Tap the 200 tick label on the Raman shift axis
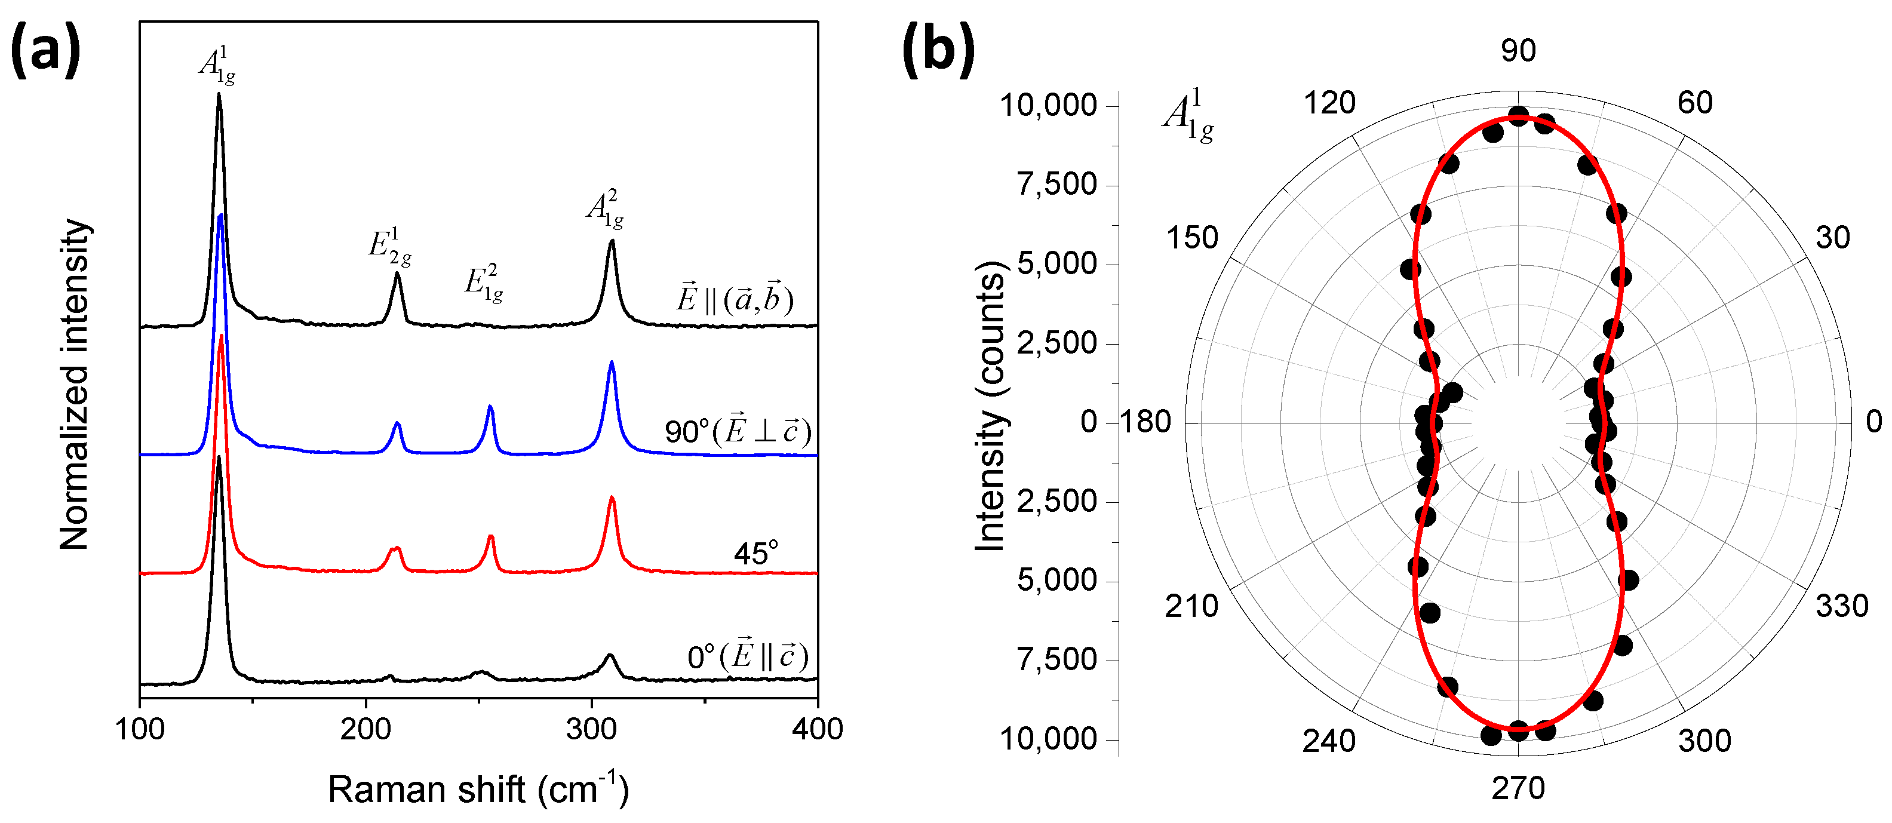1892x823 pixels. [365, 729]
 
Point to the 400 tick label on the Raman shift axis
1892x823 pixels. [818, 729]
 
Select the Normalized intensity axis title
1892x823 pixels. [74, 384]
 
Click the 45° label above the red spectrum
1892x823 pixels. [755, 553]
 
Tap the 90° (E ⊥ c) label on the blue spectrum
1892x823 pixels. [738, 431]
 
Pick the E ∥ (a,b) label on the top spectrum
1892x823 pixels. [735, 299]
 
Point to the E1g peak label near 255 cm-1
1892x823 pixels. [484, 284]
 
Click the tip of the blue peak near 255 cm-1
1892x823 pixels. [491, 406]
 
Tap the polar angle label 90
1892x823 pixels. [1518, 51]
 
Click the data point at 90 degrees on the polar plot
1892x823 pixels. [1518, 115]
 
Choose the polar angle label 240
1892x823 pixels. [1329, 741]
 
